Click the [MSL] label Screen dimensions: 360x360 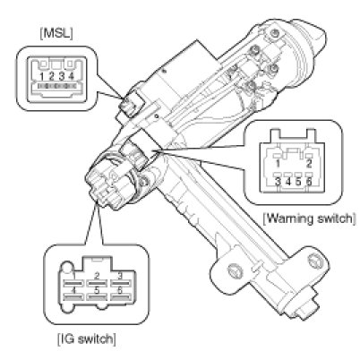click(x=56, y=33)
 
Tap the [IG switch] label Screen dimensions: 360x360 click(x=86, y=339)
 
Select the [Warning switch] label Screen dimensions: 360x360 click(x=309, y=219)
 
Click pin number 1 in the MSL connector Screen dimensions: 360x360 click(x=42, y=76)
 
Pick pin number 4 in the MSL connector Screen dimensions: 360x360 click(x=71, y=76)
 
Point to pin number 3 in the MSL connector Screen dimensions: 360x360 click(x=62, y=76)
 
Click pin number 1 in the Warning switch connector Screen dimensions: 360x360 click(x=278, y=163)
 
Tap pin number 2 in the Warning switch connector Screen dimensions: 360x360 click(x=309, y=163)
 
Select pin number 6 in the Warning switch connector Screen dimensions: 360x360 click(x=309, y=182)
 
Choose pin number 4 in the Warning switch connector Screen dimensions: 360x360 click(x=288, y=182)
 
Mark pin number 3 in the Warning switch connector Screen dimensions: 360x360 click(x=278, y=182)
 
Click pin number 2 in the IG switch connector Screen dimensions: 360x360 click(x=97, y=276)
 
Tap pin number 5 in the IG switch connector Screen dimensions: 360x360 click(x=97, y=290)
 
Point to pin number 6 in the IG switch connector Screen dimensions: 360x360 click(x=120, y=290)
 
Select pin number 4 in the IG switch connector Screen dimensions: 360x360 click(x=73, y=290)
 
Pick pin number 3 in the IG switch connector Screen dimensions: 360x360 click(x=120, y=276)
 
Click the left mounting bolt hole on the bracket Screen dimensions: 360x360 click(x=235, y=270)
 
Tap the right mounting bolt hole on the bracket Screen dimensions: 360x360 click(x=315, y=261)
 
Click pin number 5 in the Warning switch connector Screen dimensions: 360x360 click(x=298, y=182)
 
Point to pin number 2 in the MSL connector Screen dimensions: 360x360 click(x=51, y=76)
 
